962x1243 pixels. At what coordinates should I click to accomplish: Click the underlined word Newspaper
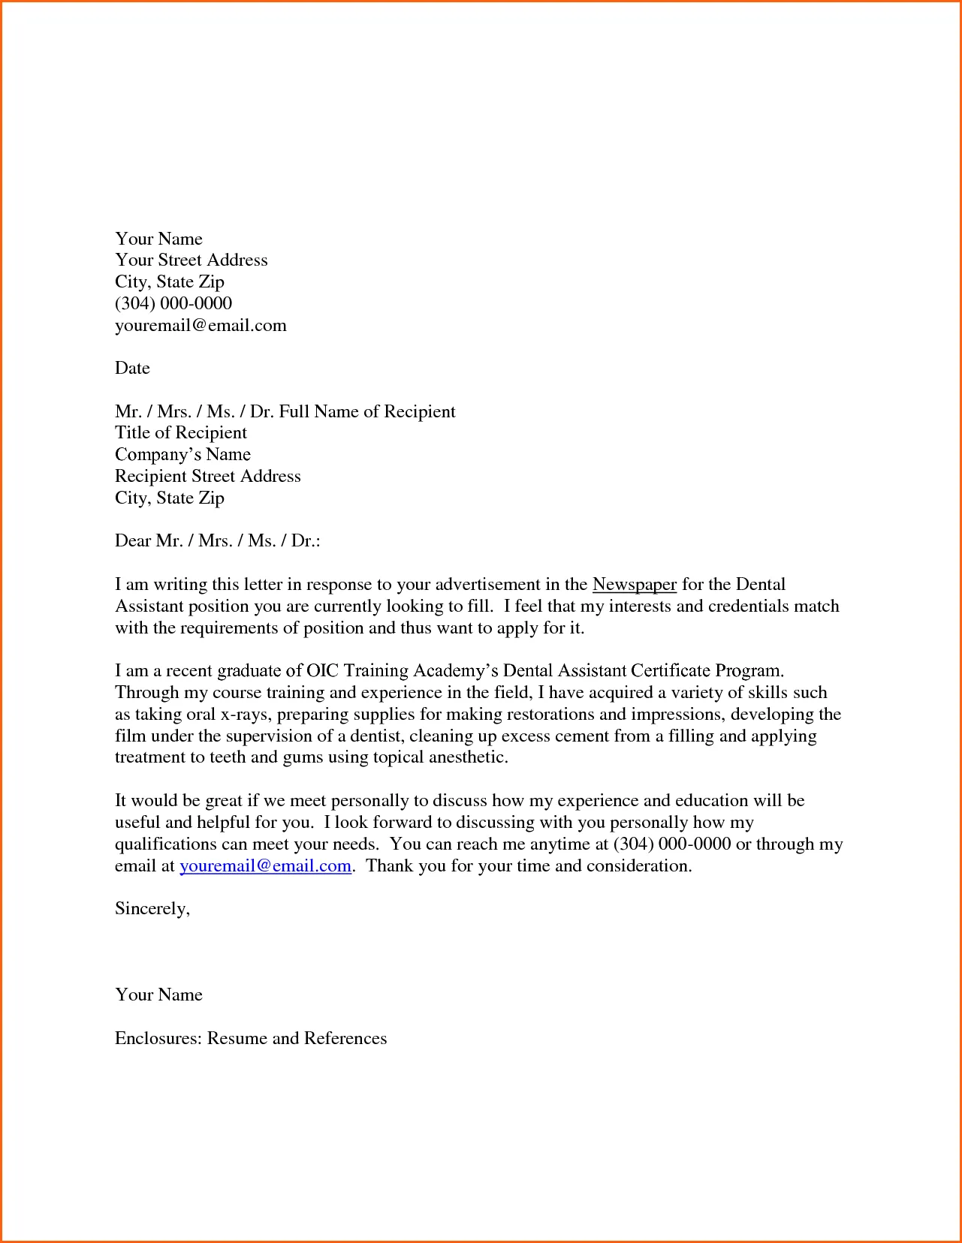pos(634,585)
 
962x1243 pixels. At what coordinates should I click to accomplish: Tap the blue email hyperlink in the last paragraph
pos(265,866)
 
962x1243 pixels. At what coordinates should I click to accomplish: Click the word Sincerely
pos(151,909)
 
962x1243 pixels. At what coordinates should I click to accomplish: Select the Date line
pos(132,369)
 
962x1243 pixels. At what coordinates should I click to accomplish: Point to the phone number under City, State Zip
pos(173,304)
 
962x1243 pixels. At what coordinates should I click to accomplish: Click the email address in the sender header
pos(201,326)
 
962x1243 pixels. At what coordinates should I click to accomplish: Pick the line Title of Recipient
pos(180,433)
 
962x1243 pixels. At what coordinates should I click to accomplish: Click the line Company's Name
pos(182,455)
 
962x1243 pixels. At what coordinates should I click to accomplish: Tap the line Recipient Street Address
pos(207,477)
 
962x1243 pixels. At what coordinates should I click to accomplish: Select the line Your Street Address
pos(191,260)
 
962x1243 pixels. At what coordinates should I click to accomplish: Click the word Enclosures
pos(158,1039)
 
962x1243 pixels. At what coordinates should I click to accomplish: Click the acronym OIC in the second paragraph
pos(322,671)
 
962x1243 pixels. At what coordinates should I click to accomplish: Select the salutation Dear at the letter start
pos(133,541)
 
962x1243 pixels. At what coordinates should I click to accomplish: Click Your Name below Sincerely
pos(158,995)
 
